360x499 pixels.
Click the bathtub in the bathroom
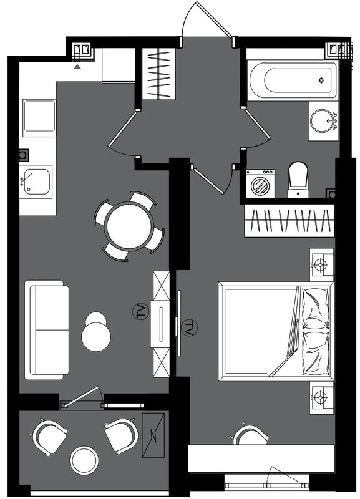(293, 80)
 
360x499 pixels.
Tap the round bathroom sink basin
(322, 120)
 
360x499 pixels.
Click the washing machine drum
(261, 185)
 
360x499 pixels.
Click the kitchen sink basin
(37, 182)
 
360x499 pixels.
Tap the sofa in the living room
(47, 330)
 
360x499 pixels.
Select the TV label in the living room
(140, 312)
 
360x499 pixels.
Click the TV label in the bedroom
(190, 328)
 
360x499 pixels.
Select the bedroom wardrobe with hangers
(289, 221)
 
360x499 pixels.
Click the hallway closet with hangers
(158, 74)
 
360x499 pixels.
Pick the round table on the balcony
(84, 460)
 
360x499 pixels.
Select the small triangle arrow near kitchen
(77, 67)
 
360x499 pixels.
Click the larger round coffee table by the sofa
(96, 337)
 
